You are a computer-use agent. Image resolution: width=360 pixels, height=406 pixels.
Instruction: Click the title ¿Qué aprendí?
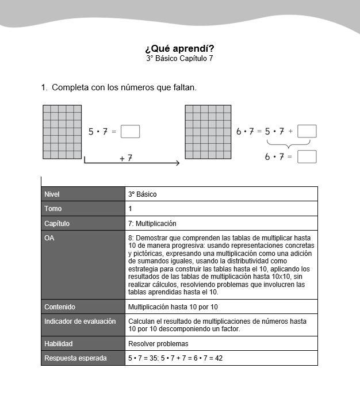[x=179, y=48]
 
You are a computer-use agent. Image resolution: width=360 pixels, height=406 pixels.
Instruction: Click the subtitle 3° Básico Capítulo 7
[x=179, y=59]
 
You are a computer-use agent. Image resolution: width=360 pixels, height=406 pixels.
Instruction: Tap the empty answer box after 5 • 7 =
[x=131, y=132]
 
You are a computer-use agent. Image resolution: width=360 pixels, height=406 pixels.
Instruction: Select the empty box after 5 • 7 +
[x=307, y=132]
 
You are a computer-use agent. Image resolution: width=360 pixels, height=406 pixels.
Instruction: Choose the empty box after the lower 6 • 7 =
[x=307, y=156]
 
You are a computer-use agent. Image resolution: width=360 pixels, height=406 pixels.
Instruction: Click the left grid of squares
[x=62, y=132]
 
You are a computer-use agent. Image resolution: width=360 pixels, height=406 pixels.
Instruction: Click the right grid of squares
[x=208, y=132]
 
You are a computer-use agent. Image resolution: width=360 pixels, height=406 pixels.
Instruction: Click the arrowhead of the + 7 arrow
[x=177, y=163]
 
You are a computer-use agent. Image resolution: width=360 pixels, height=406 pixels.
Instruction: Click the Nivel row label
[x=52, y=194]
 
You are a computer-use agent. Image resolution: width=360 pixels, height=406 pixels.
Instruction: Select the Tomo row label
[x=52, y=209]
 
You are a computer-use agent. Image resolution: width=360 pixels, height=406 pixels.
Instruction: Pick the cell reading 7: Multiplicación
[x=152, y=223]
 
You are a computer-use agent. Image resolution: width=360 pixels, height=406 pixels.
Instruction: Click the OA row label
[x=49, y=238]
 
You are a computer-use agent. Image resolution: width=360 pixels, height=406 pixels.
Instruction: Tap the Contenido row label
[x=60, y=307]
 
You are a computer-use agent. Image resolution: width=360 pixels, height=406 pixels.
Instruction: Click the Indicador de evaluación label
[x=80, y=321]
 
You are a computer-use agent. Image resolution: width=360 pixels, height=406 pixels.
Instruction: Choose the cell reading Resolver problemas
[x=158, y=344]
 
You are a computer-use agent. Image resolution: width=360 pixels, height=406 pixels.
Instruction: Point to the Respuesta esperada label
[x=75, y=358]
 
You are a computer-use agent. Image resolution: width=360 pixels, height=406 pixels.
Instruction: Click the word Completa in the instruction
[x=70, y=87]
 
